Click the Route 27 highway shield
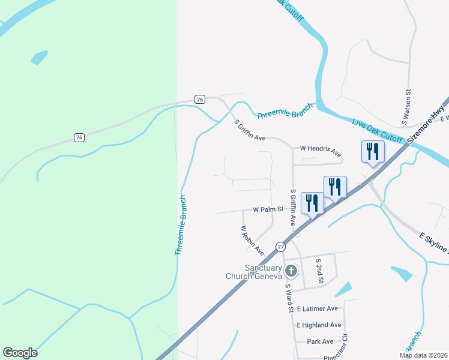pyautogui.click(x=280, y=247)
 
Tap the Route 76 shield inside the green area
pyautogui.click(x=79, y=137)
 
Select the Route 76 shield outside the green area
pyautogui.click(x=200, y=99)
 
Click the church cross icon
pyautogui.click(x=291, y=271)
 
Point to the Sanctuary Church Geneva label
pyautogui.click(x=253, y=272)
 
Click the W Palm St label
pyautogui.click(x=268, y=210)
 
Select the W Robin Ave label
pyautogui.click(x=252, y=238)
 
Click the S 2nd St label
pyautogui.click(x=320, y=271)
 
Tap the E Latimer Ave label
pyautogui.click(x=318, y=308)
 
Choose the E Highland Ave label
pyautogui.click(x=319, y=325)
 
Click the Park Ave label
pyautogui.click(x=320, y=341)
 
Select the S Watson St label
pyautogui.click(x=406, y=107)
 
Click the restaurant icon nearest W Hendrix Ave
pyautogui.click(x=372, y=152)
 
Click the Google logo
pyautogui.click(x=20, y=353)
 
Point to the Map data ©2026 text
pyautogui.click(x=423, y=355)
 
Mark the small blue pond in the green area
pyautogui.click(x=39, y=58)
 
